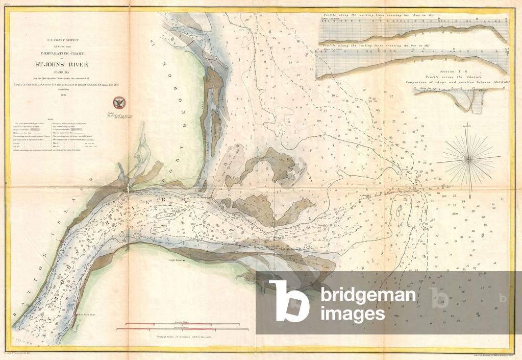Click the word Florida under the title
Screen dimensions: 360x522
(64, 71)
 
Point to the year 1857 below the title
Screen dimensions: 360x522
(64, 94)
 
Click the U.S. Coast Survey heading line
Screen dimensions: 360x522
(64, 39)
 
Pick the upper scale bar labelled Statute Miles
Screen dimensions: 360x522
(178, 324)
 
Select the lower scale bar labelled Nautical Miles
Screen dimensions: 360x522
(178, 330)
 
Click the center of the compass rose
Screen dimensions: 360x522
(468, 159)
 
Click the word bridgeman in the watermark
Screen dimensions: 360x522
(368, 295)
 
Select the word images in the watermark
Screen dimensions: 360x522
(353, 313)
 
